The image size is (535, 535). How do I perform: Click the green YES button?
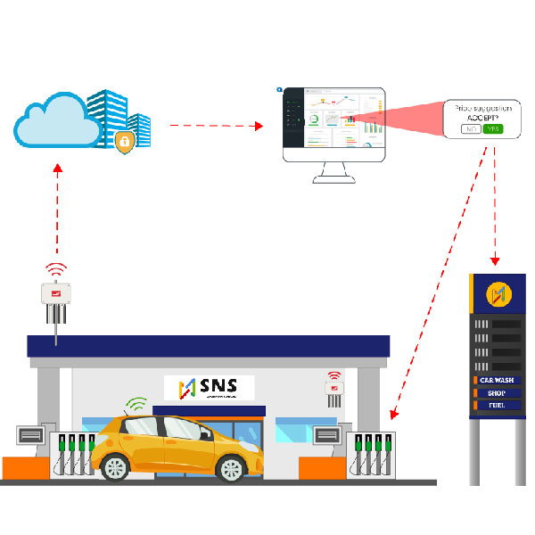pyautogui.click(x=494, y=129)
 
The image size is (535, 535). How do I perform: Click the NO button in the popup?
pyautogui.click(x=470, y=129)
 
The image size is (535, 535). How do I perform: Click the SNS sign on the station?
pyautogui.click(x=209, y=387)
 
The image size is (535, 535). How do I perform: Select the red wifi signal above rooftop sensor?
pyautogui.click(x=56, y=268)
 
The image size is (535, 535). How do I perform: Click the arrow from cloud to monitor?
pyautogui.click(x=214, y=125)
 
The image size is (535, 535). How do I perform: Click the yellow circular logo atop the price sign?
pyautogui.click(x=497, y=292)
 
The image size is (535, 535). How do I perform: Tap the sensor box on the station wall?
pyautogui.click(x=334, y=389)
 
